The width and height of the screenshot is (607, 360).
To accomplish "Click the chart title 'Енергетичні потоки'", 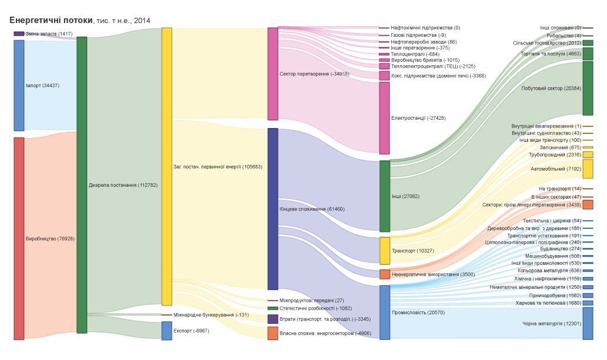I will coord(51,20).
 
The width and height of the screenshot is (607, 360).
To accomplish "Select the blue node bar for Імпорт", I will coord(19,85).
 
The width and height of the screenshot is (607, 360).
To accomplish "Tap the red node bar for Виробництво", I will coord(19,238).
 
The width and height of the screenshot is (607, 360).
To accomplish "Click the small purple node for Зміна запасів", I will coord(19,34).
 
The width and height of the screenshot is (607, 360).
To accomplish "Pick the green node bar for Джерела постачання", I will coord(82,185).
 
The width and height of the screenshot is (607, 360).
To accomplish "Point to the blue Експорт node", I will coord(167,330).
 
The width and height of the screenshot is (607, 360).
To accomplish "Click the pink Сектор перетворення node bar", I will coord(273,74).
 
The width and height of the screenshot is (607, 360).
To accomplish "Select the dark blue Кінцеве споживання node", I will coord(273,209).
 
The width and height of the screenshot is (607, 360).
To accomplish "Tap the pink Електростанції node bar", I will coord(385,118).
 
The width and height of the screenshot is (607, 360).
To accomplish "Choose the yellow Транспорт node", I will coord(385,251).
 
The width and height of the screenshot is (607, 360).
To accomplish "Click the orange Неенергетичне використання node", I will coord(385,275).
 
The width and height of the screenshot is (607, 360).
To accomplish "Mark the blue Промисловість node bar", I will coord(385,313).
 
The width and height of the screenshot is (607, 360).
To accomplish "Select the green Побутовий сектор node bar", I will coord(587,88).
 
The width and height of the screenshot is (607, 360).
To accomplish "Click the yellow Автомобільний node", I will coord(587,169).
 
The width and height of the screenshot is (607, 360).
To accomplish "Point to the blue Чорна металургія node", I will coord(587,323).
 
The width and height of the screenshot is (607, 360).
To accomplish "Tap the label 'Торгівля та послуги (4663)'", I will coord(551,54).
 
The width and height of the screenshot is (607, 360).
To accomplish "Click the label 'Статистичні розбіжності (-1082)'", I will coord(315,308).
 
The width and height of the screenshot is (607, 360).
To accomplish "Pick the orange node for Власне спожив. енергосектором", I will coord(273,333).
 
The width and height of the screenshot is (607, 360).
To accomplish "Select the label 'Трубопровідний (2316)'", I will coord(555,155).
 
